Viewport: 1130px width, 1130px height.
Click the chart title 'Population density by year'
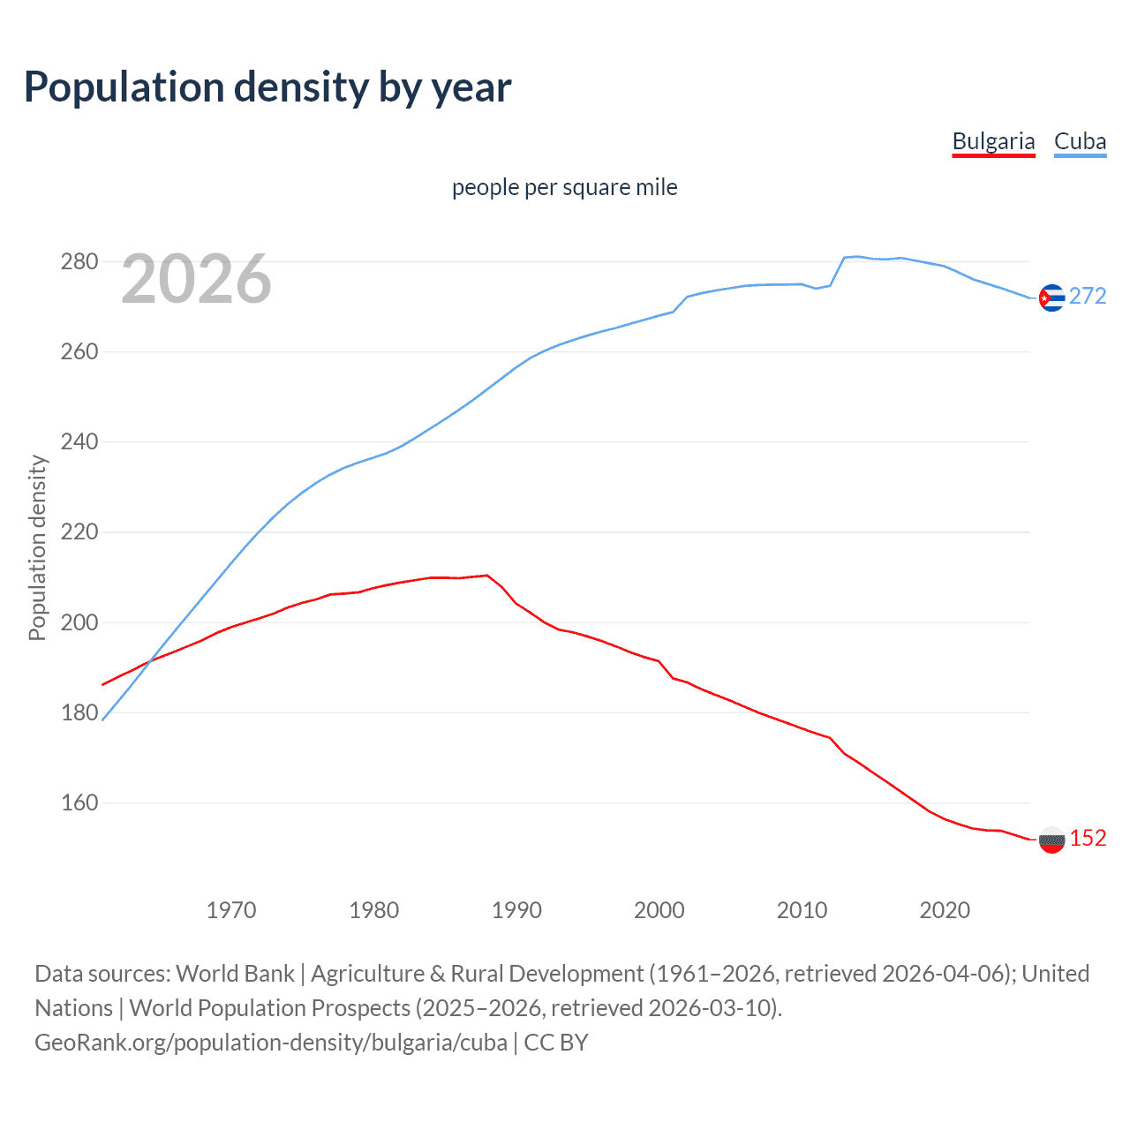pos(267,87)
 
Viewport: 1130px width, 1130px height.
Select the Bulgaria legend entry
pos(993,141)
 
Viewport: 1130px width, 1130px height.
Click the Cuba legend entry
pos(1080,141)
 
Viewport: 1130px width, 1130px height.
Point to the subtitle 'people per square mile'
pos(564,187)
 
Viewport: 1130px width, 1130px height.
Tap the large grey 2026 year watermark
pos(196,279)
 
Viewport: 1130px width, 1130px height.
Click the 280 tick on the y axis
pos(79,261)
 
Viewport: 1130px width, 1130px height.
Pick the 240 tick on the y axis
pos(79,441)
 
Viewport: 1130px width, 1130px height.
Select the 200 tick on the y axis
pos(79,622)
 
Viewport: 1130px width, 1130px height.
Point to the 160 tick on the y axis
pos(79,802)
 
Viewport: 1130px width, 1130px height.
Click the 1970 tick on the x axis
pos(231,909)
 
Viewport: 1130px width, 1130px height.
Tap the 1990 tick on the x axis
pos(516,909)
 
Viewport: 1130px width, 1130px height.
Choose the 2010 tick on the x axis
pos(802,909)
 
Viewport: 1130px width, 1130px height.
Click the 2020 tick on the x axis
pos(945,909)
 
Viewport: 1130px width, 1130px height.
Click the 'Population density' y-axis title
pos(37,547)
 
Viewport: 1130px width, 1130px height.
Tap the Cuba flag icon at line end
pos(1051,298)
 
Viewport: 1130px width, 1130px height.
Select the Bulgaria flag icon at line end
pos(1051,840)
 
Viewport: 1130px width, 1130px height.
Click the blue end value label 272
pos(1088,296)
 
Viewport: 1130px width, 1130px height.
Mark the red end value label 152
pos(1088,838)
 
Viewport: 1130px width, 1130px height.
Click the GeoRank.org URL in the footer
pos(271,1043)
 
